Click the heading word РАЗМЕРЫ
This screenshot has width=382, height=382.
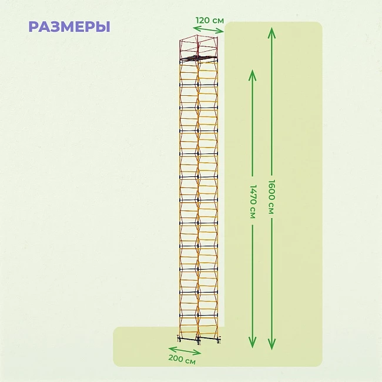click(69, 27)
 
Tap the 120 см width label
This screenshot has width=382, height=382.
click(210, 21)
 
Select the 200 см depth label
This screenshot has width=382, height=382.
click(182, 359)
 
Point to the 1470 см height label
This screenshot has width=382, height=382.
click(253, 201)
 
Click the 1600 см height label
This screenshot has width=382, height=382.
click(272, 197)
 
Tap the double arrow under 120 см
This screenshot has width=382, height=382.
click(208, 30)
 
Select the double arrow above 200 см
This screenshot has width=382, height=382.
click(185, 351)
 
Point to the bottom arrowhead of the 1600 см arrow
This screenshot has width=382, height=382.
click(272, 344)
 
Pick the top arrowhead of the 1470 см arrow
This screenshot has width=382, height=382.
click(252, 75)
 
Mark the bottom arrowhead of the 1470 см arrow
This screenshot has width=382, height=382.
click(252, 343)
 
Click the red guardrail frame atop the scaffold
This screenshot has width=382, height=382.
click(199, 47)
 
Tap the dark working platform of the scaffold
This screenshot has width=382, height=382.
click(199, 58)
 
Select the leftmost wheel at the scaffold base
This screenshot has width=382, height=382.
click(179, 340)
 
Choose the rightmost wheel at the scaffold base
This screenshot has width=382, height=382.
click(219, 341)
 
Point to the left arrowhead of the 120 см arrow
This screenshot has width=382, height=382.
click(196, 28)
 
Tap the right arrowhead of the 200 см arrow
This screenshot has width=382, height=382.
click(198, 353)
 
